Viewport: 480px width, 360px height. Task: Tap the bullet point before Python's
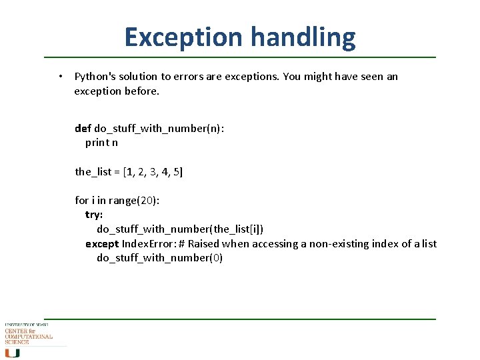click(x=60, y=77)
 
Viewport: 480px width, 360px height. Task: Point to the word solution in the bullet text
click(x=139, y=77)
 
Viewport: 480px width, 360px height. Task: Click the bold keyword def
click(x=83, y=128)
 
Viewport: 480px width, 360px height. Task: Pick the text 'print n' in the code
click(x=101, y=143)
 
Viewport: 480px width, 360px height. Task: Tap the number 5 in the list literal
click(x=176, y=172)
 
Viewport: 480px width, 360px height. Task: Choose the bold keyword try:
click(x=94, y=215)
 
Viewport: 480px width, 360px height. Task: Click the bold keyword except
click(x=102, y=244)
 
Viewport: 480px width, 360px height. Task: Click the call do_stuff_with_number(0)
click(x=159, y=258)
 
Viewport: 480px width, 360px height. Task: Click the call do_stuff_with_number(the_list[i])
click(x=180, y=229)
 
